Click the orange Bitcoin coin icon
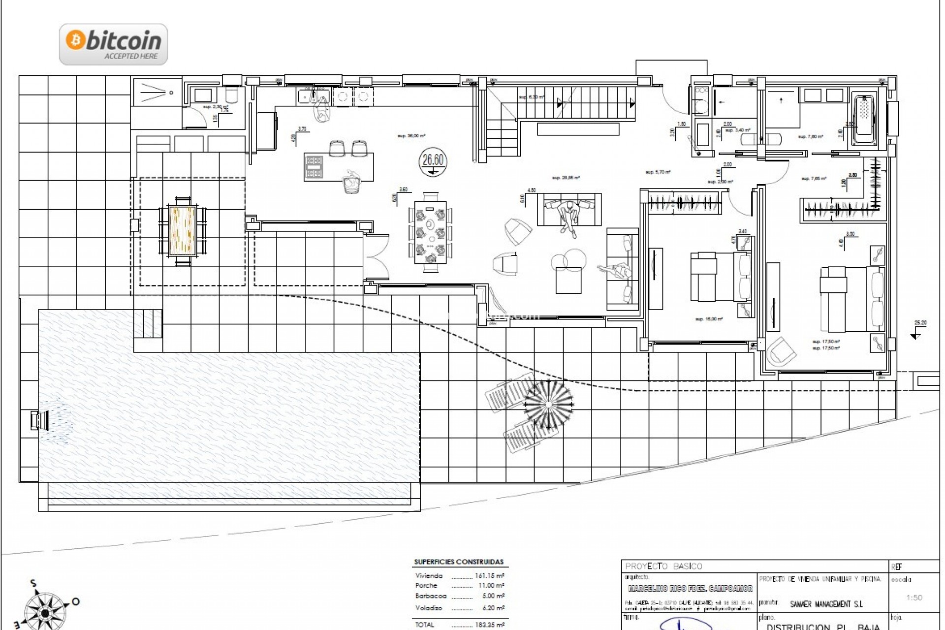click(76, 40)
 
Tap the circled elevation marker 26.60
click(433, 162)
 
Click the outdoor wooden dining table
click(183, 230)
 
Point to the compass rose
click(45, 612)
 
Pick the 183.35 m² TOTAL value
click(490, 625)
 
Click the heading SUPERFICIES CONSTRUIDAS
click(459, 562)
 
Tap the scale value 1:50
click(914, 598)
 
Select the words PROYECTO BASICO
click(663, 567)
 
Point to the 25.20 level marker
click(920, 323)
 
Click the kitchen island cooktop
click(314, 166)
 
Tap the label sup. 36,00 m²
click(411, 136)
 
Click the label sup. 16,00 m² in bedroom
click(709, 319)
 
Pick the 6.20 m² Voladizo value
click(490, 608)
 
